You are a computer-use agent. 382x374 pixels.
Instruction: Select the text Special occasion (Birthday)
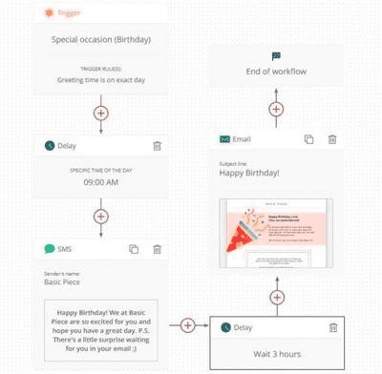pyautogui.click(x=101, y=40)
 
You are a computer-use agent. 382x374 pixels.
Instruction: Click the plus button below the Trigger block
pyautogui.click(x=101, y=113)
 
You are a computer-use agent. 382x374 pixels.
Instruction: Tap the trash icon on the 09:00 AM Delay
pyautogui.click(x=157, y=145)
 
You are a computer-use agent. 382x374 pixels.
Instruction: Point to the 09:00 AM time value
pyautogui.click(x=101, y=182)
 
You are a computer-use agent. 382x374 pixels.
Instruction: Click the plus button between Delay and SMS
pyautogui.click(x=101, y=216)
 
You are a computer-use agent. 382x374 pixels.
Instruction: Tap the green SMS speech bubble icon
pyautogui.click(x=50, y=249)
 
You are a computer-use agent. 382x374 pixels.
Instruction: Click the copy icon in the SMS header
pyautogui.click(x=133, y=249)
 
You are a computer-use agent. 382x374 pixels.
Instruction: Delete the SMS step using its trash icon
pyautogui.click(x=157, y=249)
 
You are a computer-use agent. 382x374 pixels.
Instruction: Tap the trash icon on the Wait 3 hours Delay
pyautogui.click(x=333, y=327)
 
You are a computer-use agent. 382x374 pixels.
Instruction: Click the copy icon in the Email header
pyautogui.click(x=308, y=139)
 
